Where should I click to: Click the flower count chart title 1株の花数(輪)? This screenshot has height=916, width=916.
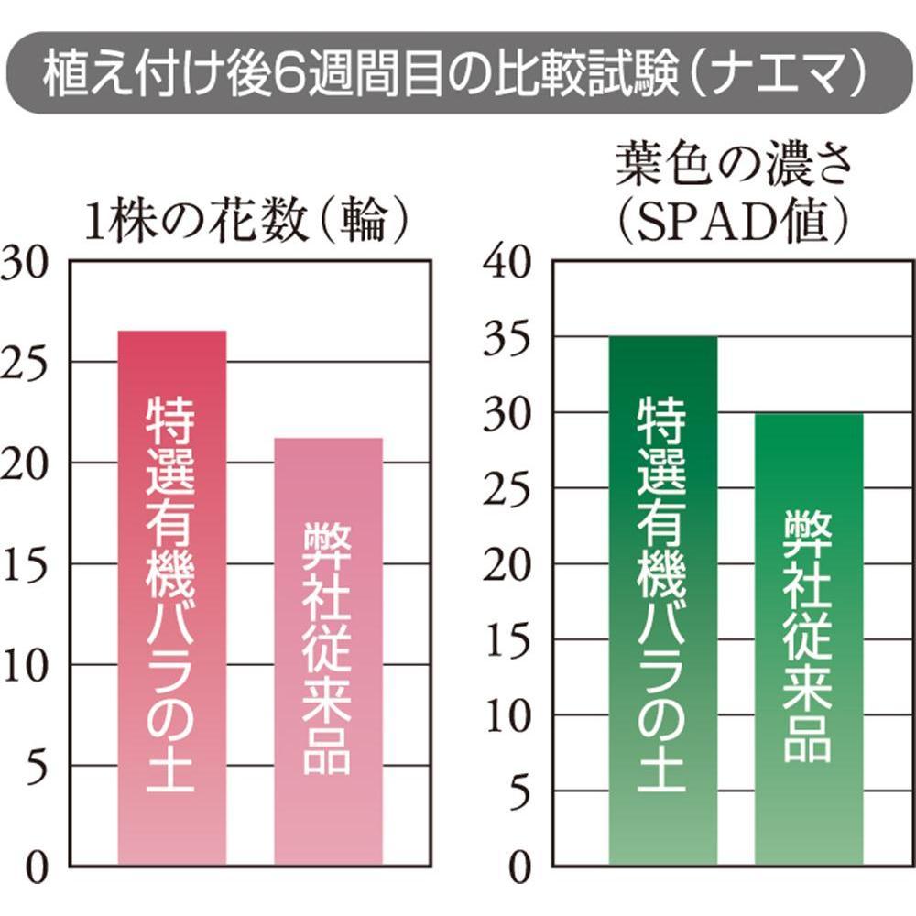[x=246, y=222]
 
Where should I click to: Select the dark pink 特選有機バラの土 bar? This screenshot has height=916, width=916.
[x=172, y=597]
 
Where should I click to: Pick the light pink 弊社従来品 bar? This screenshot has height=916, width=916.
[x=328, y=651]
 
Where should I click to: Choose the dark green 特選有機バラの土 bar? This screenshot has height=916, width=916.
[x=663, y=601]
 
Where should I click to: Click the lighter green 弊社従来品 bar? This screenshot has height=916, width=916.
[x=809, y=639]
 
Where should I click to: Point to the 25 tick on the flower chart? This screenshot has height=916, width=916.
[x=24, y=365]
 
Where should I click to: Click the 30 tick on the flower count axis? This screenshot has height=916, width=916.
[x=24, y=264]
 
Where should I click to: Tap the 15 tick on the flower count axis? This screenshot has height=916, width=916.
[x=25, y=565]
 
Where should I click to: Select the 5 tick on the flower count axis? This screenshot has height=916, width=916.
[x=37, y=768]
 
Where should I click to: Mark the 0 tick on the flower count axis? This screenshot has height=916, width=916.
[x=37, y=868]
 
